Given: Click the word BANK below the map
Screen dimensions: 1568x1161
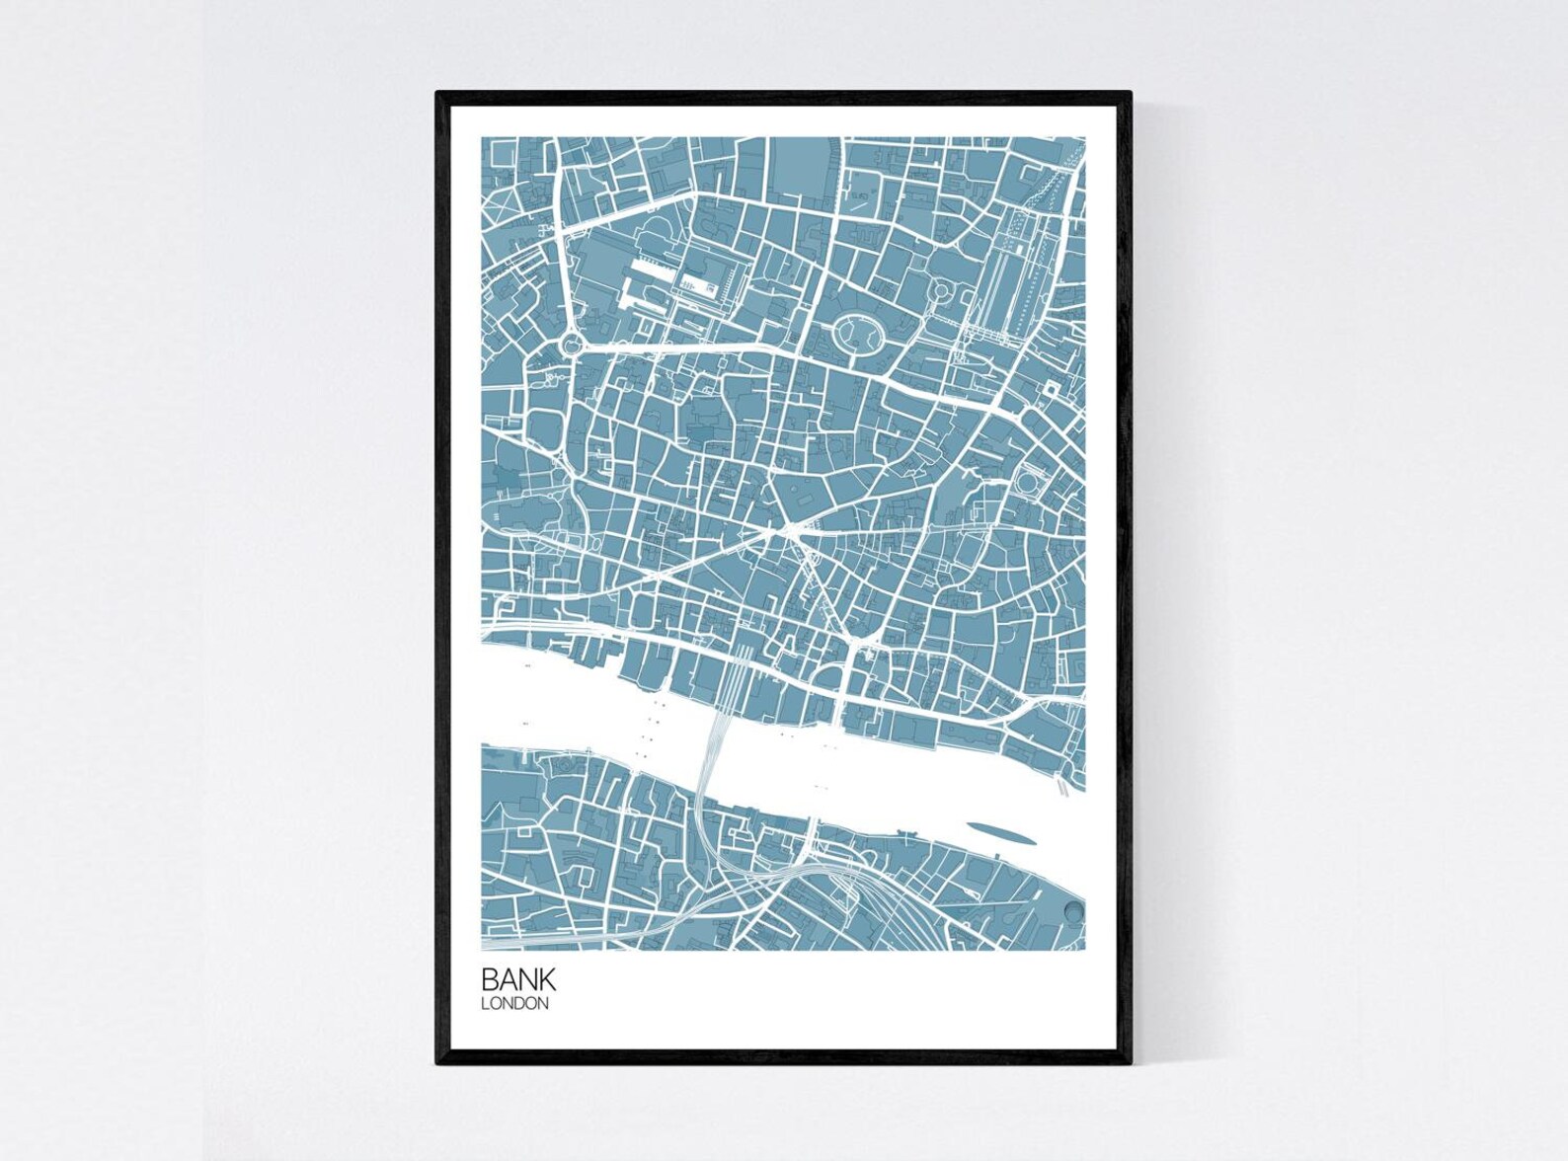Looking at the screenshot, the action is point(518,979).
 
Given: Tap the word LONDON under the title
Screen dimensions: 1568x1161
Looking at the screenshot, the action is point(513,1004).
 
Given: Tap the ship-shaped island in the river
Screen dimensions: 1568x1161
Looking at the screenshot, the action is point(1001,833).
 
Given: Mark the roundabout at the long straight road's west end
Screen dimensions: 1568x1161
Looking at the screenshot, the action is point(570,346).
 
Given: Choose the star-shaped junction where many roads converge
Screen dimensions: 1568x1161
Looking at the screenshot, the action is point(789,531).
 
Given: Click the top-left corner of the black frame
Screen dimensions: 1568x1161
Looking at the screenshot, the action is point(438,94).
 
